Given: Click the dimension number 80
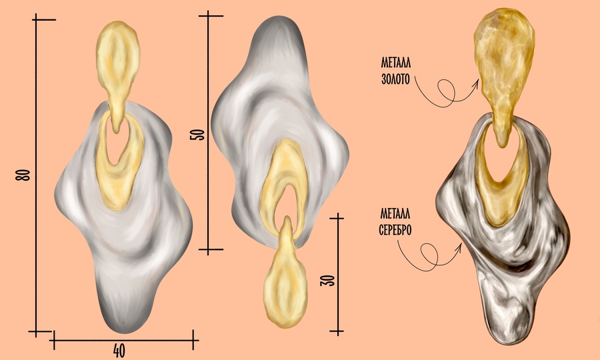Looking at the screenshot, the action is click(23, 175).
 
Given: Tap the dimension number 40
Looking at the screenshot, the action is click(119, 351).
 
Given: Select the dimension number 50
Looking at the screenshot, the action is click(197, 134).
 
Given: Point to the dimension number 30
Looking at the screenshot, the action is click(327, 281).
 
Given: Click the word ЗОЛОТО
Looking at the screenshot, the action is click(395, 79).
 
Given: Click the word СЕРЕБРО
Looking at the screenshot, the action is click(395, 230).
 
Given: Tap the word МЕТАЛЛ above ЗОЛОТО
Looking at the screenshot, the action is click(395, 63).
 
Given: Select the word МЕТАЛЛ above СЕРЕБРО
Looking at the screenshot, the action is click(395, 213).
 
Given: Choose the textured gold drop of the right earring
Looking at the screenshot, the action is click(503, 73).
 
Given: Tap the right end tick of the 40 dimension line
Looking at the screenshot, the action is click(193, 340).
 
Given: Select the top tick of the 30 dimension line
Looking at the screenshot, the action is click(337, 218).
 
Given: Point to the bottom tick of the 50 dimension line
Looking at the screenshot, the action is click(210, 250).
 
